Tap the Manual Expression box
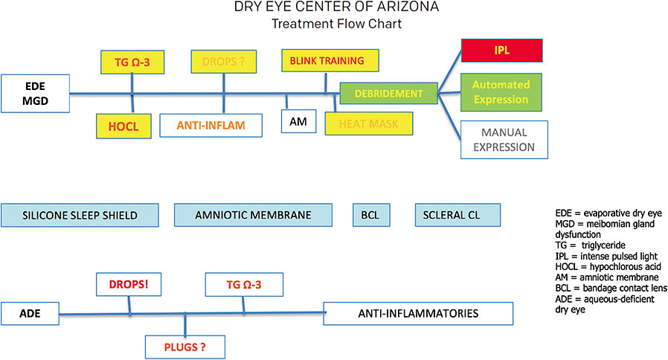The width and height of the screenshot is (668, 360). tap(504, 139)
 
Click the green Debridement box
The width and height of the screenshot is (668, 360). tap(388, 94)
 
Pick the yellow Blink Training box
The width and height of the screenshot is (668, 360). tap(327, 60)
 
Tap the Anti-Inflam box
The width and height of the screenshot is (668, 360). tap(211, 125)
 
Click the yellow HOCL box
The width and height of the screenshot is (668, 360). tap(118, 126)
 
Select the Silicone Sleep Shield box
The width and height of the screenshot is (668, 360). tap(81, 215)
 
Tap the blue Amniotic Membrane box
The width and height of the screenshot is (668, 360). tap(253, 215)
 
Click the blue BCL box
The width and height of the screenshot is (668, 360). tap(370, 215)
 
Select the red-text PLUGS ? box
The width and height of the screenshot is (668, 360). tap(184, 346)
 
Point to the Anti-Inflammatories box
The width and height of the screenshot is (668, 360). tap(418, 313)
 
